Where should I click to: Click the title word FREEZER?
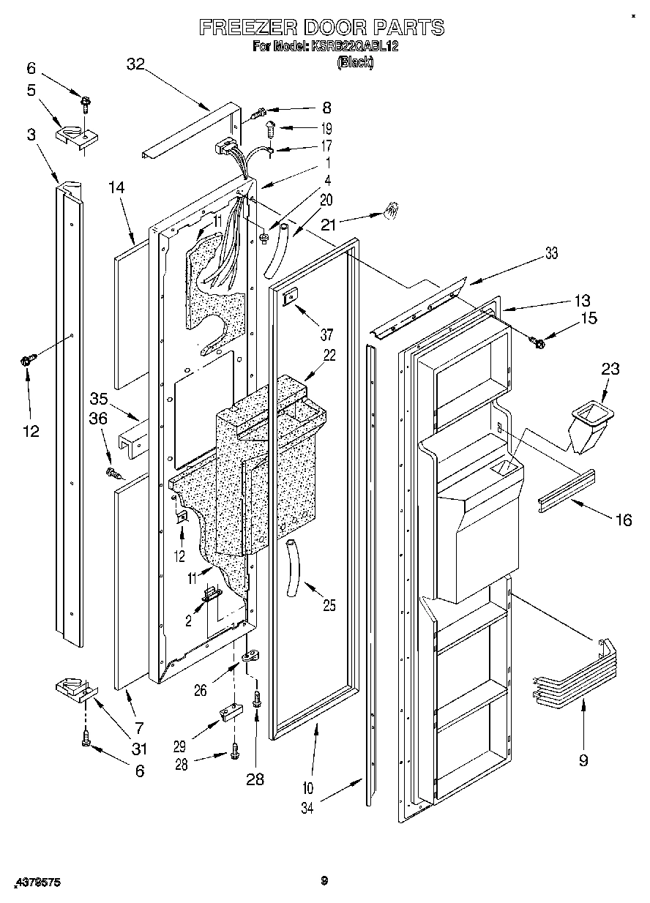[246, 28]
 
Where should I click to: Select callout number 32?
[135, 64]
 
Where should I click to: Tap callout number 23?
[610, 370]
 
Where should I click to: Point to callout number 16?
[622, 520]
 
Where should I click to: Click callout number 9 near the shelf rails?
[583, 760]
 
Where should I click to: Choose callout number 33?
[551, 253]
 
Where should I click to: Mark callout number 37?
[326, 335]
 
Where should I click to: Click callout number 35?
[99, 399]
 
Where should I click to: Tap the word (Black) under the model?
[354, 63]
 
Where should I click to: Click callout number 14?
[117, 187]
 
